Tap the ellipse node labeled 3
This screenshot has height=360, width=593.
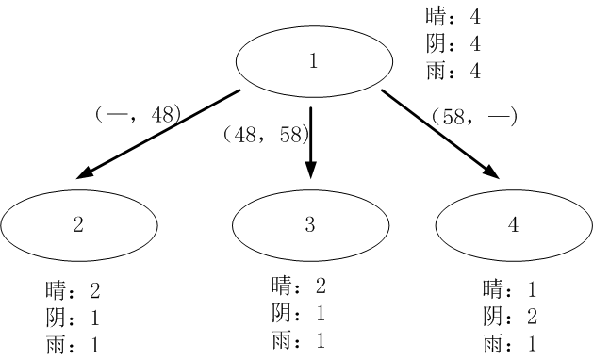310,224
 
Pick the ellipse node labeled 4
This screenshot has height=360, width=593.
514,224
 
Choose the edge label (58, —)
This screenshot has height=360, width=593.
474,118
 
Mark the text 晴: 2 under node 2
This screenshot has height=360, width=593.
73,289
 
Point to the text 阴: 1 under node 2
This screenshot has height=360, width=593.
73,316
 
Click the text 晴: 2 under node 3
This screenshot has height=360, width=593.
298,286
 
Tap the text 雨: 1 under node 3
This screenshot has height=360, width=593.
298,339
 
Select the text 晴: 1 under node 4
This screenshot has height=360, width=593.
510,288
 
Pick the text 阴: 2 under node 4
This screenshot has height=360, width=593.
510,316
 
